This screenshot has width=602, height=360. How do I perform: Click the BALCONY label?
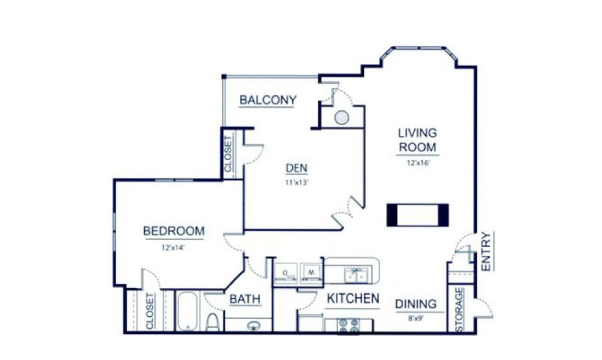[x=268, y=100]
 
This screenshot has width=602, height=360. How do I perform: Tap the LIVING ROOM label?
[x=417, y=140]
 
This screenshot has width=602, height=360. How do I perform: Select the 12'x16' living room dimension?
[x=419, y=163]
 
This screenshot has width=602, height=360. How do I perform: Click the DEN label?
[x=297, y=168]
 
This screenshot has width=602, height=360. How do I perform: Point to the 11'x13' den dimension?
[x=297, y=183]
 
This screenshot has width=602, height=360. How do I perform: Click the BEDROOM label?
[x=173, y=231]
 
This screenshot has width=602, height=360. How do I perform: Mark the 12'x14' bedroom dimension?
[x=173, y=248]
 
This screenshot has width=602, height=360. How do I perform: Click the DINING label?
[x=417, y=303]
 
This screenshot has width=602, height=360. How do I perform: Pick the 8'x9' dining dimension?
[x=417, y=319]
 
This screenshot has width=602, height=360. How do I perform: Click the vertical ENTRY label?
[x=486, y=251]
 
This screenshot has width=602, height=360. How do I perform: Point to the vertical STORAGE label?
[x=459, y=310]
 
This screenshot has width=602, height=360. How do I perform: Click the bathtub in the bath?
[x=187, y=311]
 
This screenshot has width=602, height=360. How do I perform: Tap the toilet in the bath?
[x=213, y=321]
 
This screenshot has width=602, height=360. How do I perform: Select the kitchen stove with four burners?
[x=349, y=326]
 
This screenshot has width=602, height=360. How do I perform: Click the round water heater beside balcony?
[x=342, y=117]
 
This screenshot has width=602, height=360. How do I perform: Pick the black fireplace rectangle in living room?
[x=418, y=214]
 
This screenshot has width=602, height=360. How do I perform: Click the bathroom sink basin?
[x=253, y=326]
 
